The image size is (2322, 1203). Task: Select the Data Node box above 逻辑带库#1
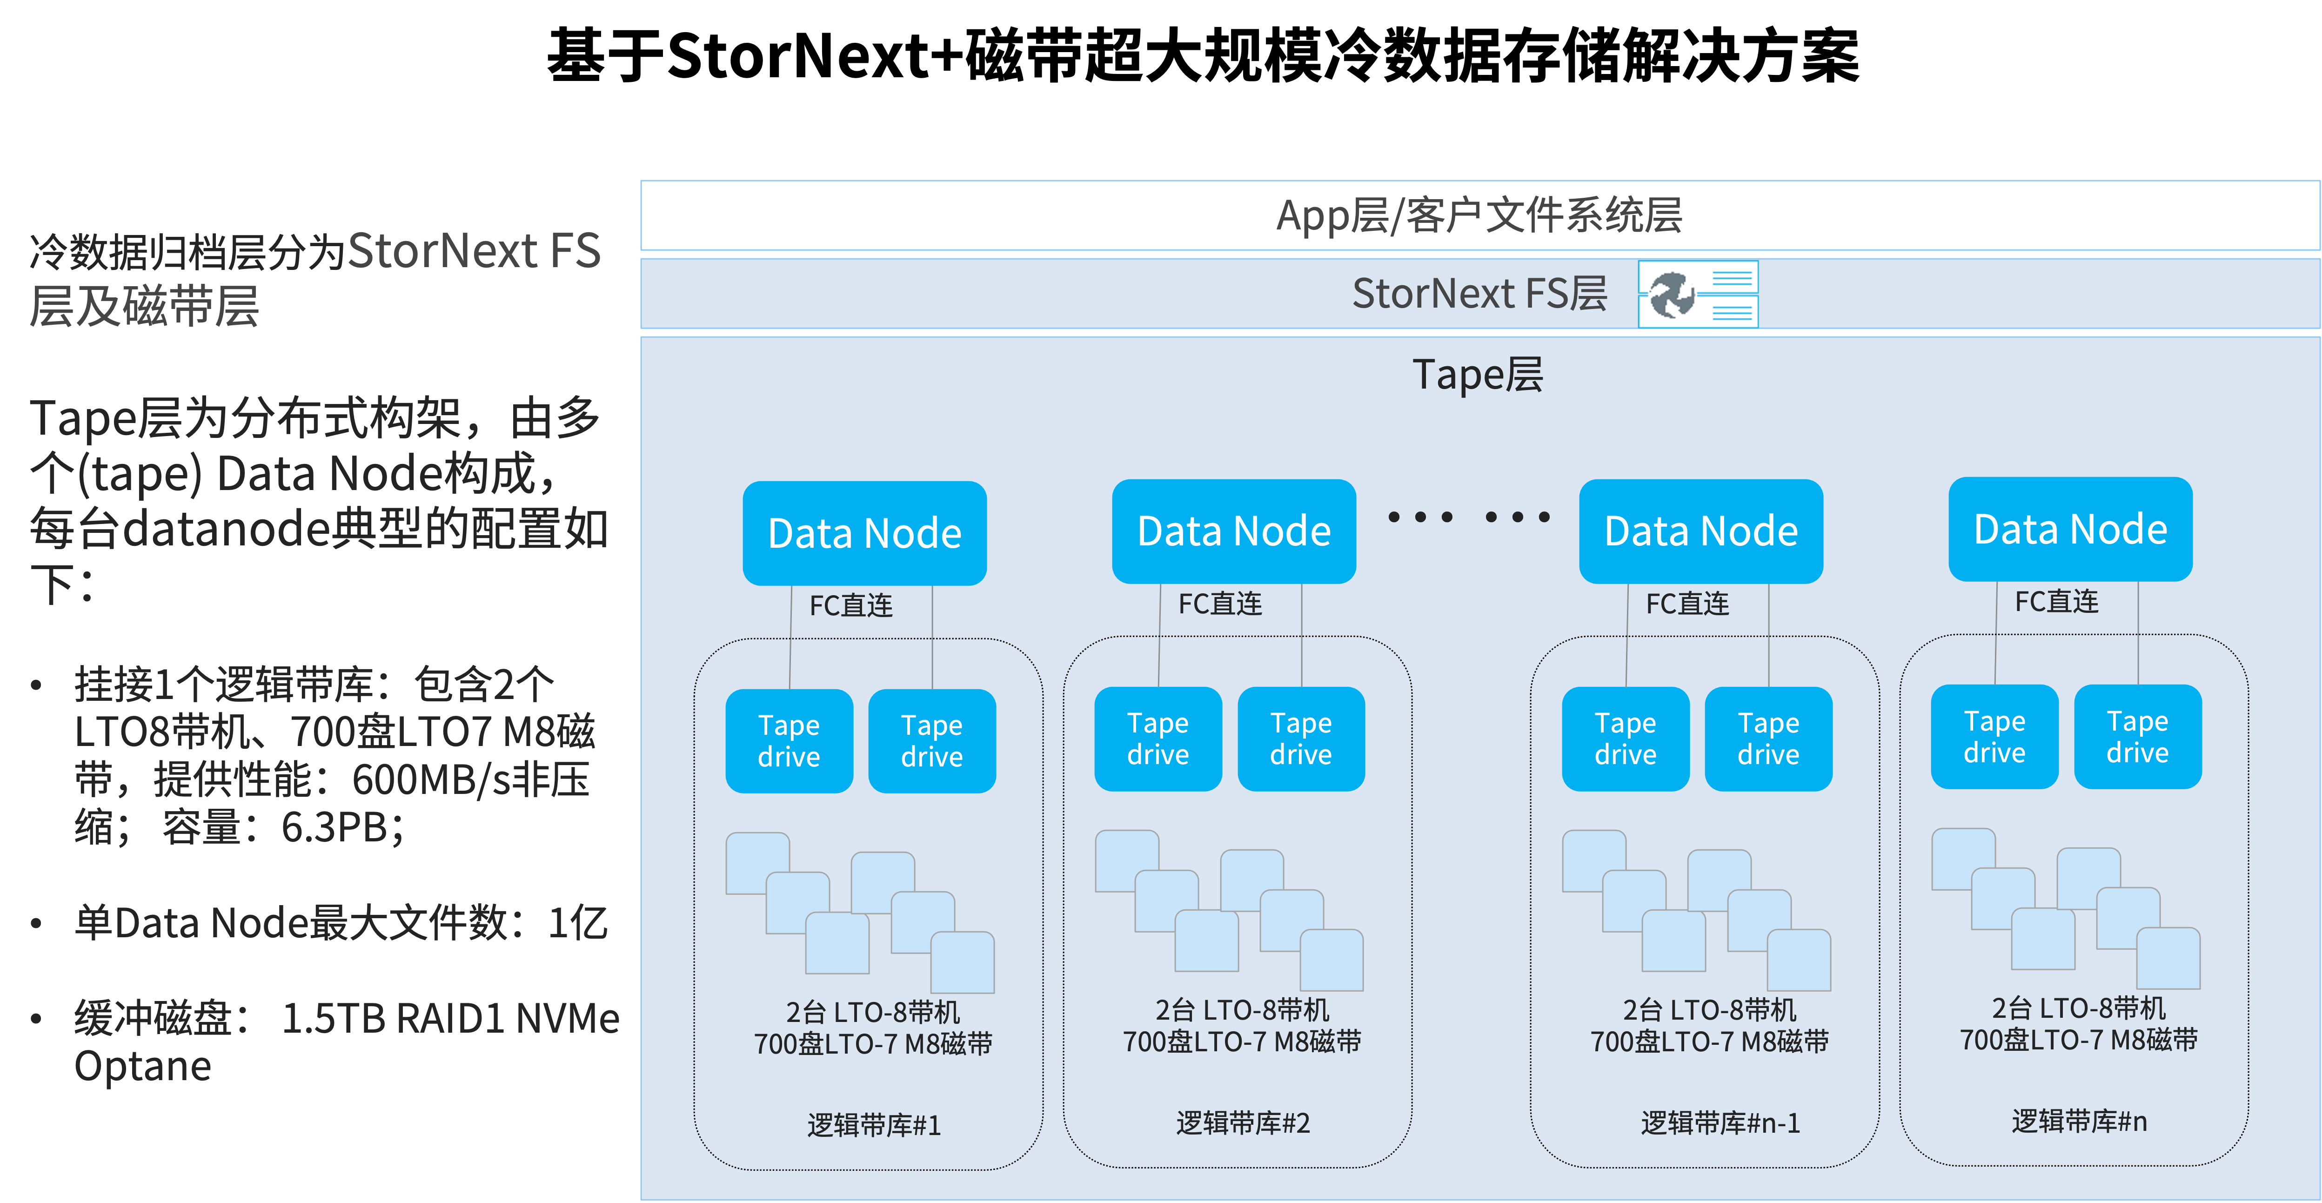864,533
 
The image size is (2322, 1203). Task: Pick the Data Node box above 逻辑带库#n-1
1701,531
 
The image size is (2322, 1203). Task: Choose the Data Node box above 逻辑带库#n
2070,529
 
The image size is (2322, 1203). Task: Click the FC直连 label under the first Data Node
851,605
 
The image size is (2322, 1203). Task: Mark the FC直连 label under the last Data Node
2057,601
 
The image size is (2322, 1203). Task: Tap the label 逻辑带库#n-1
1720,1123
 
